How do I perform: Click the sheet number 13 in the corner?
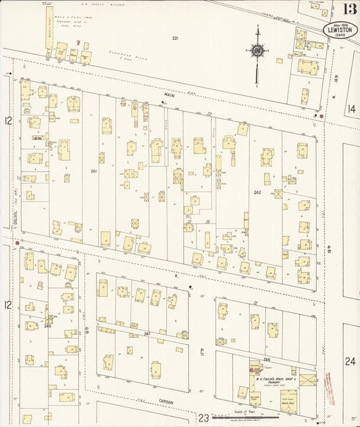point(349,9)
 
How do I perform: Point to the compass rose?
point(257,49)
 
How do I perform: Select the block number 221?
point(175,39)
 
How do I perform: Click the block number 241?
point(94,171)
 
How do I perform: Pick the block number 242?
point(257,193)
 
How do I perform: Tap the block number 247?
point(147,334)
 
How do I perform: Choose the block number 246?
point(267,359)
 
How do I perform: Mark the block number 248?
point(47,326)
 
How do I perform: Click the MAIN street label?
point(170,96)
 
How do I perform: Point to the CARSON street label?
point(166,403)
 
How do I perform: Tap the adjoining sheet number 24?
point(350,361)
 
